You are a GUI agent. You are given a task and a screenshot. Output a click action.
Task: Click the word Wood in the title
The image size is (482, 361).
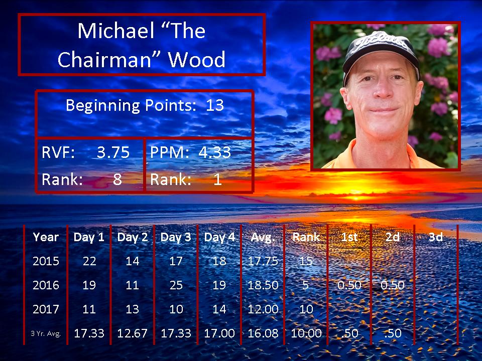coord(197,60)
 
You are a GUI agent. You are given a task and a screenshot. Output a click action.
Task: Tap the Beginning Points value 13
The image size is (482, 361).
coord(214,105)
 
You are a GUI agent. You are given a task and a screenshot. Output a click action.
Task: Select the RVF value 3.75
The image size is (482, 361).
coord(113,152)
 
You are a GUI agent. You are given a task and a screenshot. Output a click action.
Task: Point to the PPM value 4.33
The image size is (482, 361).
coord(214,152)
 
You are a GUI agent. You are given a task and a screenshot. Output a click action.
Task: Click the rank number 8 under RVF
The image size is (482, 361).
coord(117,179)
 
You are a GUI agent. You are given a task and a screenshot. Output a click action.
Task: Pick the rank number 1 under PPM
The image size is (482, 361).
coord(217,179)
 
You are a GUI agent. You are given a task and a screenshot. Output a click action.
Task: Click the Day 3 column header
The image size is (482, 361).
coord(176,237)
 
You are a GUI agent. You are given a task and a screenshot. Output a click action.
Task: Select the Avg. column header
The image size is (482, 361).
coord(263,237)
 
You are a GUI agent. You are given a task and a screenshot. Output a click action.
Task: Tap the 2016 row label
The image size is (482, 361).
coord(46,285)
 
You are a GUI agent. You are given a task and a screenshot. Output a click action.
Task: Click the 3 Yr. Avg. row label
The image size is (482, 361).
coord(46,333)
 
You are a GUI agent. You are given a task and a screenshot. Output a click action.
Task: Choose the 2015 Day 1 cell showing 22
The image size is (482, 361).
coord(89,261)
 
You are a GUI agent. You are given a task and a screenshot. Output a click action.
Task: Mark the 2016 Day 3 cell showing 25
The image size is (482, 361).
coord(176,285)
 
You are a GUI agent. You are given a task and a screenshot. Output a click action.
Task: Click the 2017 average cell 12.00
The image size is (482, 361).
coord(263,309)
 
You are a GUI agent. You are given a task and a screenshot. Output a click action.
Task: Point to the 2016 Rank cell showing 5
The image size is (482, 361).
coord(306,285)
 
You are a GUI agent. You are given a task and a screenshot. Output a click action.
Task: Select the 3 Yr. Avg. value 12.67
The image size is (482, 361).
coord(132,333)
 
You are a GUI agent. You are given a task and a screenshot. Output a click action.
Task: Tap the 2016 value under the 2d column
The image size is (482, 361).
coord(392,285)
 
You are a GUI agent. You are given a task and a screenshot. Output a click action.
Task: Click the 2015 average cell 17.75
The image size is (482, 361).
coord(263,261)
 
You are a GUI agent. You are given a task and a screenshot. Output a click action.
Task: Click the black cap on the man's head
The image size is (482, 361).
coord(381,54)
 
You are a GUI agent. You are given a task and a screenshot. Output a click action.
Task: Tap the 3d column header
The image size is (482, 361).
coord(436,237)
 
